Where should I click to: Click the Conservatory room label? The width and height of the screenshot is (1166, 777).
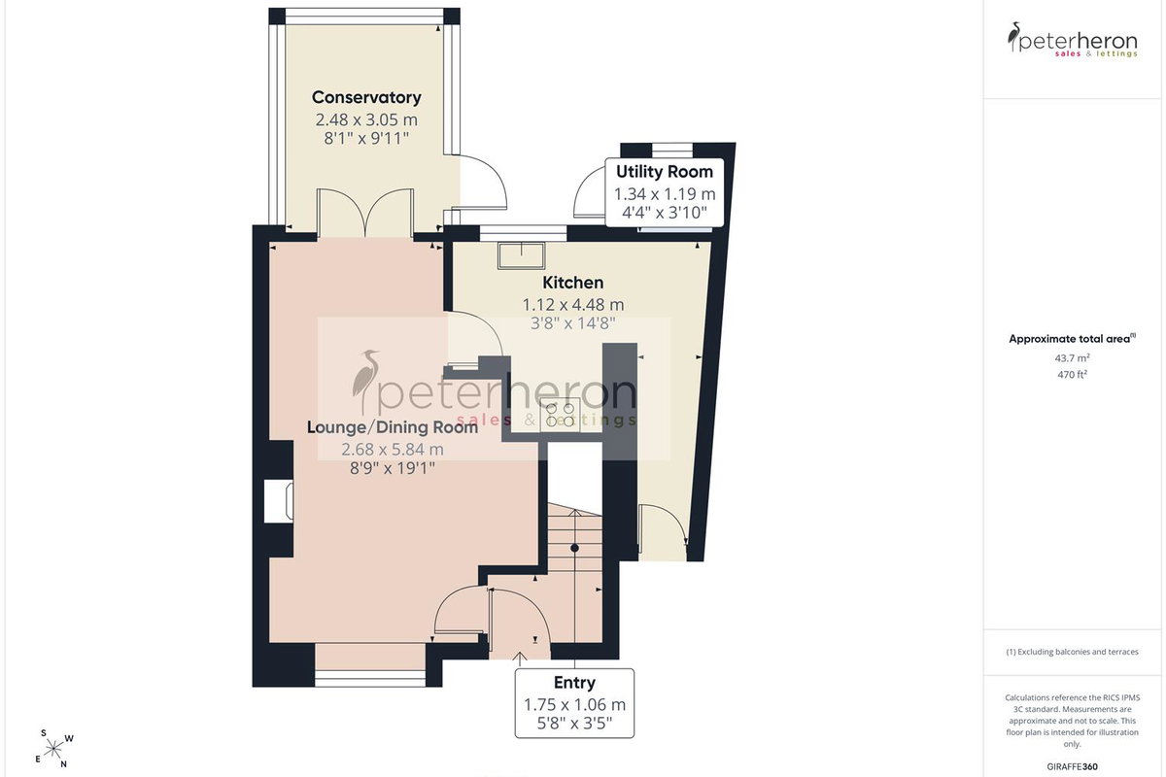[366, 97]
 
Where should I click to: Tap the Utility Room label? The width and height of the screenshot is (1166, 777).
[665, 171]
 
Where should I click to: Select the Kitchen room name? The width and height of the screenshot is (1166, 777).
[573, 283]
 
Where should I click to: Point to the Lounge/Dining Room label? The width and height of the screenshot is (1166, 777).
[392, 427]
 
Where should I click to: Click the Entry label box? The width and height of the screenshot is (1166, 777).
[574, 703]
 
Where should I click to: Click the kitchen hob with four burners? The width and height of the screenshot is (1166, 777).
[560, 415]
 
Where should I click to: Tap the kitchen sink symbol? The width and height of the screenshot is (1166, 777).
[522, 255]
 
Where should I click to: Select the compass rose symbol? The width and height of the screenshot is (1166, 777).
[53, 749]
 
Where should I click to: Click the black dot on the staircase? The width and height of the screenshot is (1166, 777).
[574, 548]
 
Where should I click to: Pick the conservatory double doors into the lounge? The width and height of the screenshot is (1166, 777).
[366, 214]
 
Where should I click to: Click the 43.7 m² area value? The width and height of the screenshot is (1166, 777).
[1073, 358]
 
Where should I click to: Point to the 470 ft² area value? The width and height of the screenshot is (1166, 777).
[1073, 374]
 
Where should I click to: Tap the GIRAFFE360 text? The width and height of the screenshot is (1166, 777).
[1073, 766]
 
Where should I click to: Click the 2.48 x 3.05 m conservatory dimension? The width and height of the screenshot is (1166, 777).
[366, 119]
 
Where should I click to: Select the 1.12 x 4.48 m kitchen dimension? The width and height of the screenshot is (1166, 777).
[573, 304]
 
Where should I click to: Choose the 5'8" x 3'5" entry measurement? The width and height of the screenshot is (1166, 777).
[574, 724]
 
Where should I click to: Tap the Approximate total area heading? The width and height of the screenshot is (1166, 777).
[1073, 339]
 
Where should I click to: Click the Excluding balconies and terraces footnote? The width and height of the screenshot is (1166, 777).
[1073, 652]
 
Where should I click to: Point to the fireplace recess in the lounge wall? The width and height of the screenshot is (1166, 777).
[279, 500]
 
